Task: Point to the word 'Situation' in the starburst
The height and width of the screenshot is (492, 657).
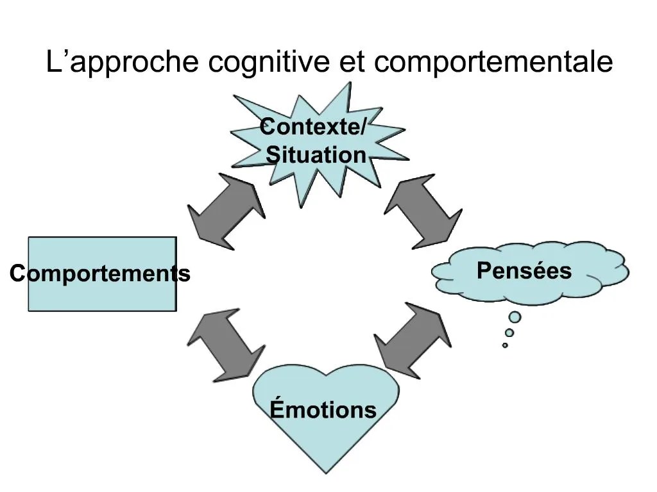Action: [x=316, y=155]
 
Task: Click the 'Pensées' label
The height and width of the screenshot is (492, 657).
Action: [x=524, y=271]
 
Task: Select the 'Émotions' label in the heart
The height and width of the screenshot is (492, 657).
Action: [x=323, y=409]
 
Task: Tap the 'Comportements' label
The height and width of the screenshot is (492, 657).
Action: [x=100, y=274]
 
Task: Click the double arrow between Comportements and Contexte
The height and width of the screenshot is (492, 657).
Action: [x=226, y=211]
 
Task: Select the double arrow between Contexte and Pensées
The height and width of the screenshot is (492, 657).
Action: [x=422, y=211]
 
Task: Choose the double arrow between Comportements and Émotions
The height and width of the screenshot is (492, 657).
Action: [x=226, y=346]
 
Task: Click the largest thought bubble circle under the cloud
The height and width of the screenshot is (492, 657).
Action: [x=515, y=317]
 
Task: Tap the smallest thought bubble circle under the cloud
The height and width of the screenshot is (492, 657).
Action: [x=505, y=345]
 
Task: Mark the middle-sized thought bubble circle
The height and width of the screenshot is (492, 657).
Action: [x=509, y=332]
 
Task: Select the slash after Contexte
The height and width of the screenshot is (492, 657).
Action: [x=364, y=126]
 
